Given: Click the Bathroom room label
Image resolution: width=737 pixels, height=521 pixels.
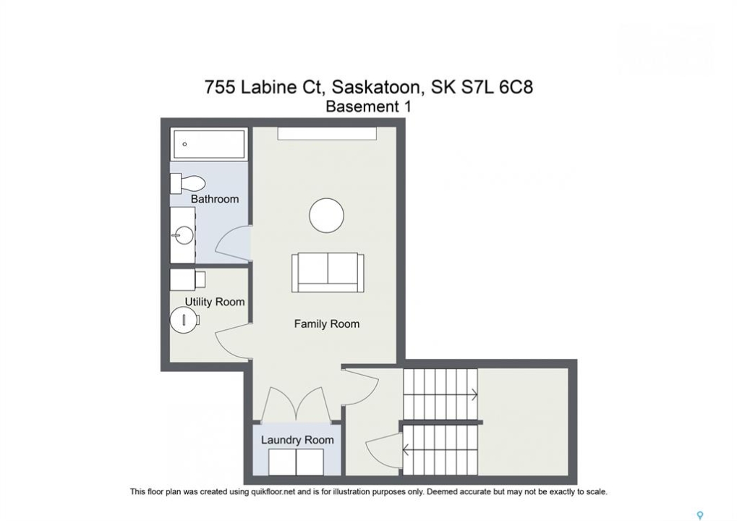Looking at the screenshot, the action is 214,199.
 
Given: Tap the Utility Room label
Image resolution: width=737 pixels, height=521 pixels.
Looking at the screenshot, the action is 214,302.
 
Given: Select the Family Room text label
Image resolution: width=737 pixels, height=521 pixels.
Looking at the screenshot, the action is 327,323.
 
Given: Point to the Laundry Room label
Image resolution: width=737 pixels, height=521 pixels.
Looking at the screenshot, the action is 297,440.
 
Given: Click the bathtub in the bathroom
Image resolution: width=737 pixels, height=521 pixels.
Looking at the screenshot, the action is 209,144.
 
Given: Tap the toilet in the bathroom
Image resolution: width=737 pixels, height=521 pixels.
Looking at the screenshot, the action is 187,183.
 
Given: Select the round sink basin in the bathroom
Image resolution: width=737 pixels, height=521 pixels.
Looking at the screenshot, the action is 183,234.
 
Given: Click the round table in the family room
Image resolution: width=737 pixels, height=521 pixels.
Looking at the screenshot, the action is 326,216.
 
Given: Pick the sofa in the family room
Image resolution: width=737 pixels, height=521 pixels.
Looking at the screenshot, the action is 328,272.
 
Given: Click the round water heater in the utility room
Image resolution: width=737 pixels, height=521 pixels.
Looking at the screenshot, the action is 184,321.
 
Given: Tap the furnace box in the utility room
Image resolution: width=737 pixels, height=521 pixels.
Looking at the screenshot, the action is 187,280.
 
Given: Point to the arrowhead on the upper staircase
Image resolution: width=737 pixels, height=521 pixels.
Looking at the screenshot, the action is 475,395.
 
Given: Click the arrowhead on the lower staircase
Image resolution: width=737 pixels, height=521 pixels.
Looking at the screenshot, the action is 405,451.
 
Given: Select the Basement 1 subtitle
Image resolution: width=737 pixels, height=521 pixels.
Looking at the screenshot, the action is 369,107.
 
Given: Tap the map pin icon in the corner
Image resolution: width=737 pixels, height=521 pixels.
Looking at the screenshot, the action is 700,515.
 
